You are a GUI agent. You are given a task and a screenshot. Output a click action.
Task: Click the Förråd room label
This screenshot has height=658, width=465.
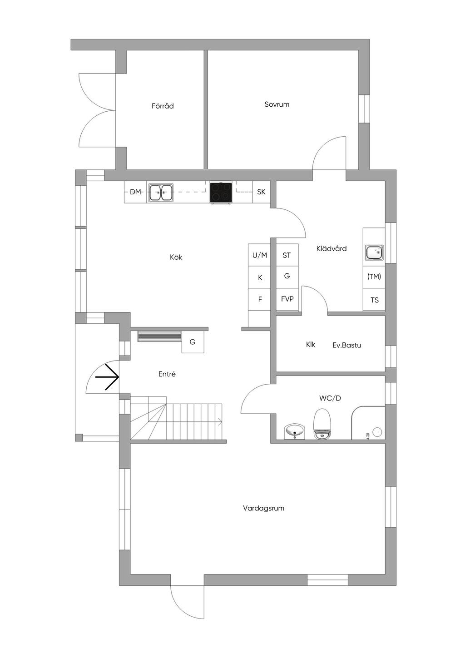(163, 106)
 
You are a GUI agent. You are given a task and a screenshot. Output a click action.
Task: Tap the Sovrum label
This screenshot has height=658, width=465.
(277, 104)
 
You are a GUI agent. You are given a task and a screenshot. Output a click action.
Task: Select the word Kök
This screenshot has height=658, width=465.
(176, 257)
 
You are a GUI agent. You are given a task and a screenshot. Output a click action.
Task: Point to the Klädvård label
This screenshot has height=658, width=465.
(331, 248)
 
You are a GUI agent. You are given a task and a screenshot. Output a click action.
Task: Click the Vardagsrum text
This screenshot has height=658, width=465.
(263, 508)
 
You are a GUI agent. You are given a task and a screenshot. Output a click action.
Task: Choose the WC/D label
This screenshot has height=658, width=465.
(330, 398)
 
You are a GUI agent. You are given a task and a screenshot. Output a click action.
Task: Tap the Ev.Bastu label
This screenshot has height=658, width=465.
(346, 345)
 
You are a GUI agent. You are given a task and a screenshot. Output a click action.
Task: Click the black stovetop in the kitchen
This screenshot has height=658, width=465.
(221, 192)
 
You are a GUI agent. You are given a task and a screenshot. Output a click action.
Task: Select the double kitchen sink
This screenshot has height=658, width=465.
(161, 193)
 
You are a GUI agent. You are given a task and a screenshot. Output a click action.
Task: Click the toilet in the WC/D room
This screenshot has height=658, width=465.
(322, 423)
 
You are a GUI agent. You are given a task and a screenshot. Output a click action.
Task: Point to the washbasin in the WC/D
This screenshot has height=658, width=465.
(296, 431)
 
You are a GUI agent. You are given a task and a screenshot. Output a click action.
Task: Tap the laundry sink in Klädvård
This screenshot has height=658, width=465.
(374, 252)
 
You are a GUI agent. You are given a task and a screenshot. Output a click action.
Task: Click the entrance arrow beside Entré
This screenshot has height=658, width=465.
(108, 377)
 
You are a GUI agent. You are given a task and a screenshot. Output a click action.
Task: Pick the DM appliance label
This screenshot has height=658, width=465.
(135, 192)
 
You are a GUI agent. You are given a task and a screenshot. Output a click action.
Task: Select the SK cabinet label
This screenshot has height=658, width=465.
(261, 192)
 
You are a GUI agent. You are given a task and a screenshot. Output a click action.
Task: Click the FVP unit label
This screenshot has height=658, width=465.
(287, 299)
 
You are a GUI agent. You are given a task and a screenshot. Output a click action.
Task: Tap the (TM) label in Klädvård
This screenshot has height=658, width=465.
(374, 276)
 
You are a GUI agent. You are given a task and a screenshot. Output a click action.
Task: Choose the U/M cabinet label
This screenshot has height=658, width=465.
(260, 255)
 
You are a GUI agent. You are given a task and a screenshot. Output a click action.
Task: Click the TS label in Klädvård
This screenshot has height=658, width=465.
(374, 300)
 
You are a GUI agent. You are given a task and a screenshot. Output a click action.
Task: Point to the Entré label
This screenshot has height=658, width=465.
(167, 374)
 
